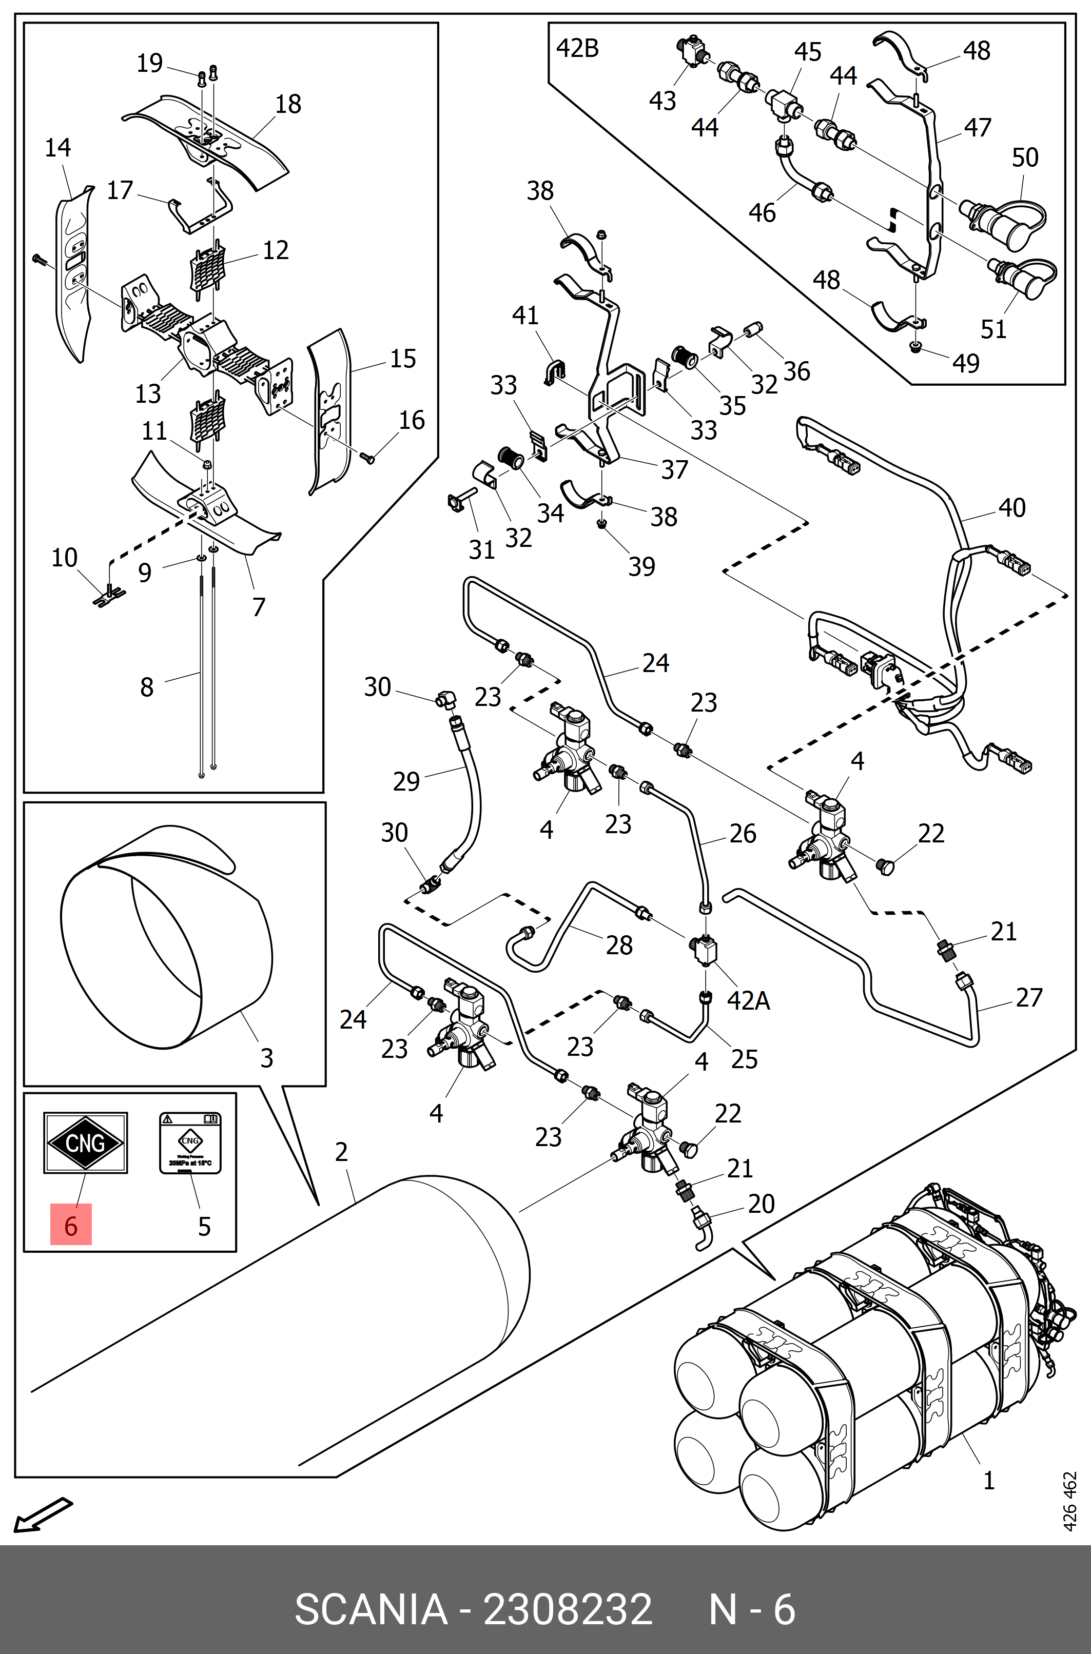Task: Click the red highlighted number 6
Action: point(70,1226)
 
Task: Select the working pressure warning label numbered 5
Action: point(190,1143)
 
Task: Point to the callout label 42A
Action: point(748,1000)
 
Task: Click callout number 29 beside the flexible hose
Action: point(406,781)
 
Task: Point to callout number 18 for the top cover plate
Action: point(288,104)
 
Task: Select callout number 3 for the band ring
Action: point(266,1058)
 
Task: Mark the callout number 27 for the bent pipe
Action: point(1028,997)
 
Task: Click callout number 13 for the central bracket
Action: point(147,393)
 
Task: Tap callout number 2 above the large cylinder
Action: point(341,1152)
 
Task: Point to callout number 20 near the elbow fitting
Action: point(761,1203)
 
